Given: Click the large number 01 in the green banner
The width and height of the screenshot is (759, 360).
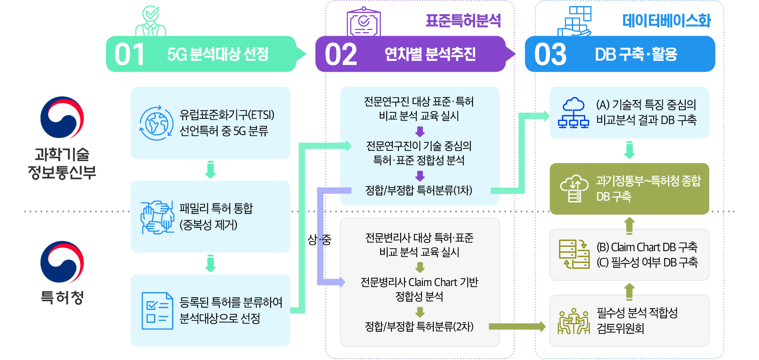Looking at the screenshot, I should [129, 55].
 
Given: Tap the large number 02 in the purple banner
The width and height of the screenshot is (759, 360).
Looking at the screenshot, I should [341, 55].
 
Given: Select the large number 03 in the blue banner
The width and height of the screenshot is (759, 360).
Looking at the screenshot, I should [550, 55].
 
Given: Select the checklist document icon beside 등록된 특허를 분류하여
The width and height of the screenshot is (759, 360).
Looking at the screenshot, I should [157, 311].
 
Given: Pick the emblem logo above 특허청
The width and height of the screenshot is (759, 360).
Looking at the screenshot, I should [62, 262].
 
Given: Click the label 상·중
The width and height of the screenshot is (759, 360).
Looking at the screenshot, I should [319, 239].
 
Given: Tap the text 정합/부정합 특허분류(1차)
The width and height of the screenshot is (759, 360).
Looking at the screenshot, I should [418, 190].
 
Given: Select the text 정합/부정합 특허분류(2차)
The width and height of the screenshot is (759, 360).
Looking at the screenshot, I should [419, 326].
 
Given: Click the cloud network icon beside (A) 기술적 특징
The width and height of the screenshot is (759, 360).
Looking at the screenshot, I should [573, 113].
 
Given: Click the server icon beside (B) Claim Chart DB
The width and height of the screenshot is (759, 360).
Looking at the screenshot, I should [574, 254].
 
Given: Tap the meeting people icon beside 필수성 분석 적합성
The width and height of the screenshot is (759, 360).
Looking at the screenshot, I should [574, 321].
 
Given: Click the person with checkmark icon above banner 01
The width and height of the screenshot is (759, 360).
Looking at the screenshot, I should [151, 22].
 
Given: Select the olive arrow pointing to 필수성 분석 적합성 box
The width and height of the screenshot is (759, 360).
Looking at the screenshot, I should [517, 326].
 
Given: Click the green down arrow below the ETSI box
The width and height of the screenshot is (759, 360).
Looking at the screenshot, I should [210, 170].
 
